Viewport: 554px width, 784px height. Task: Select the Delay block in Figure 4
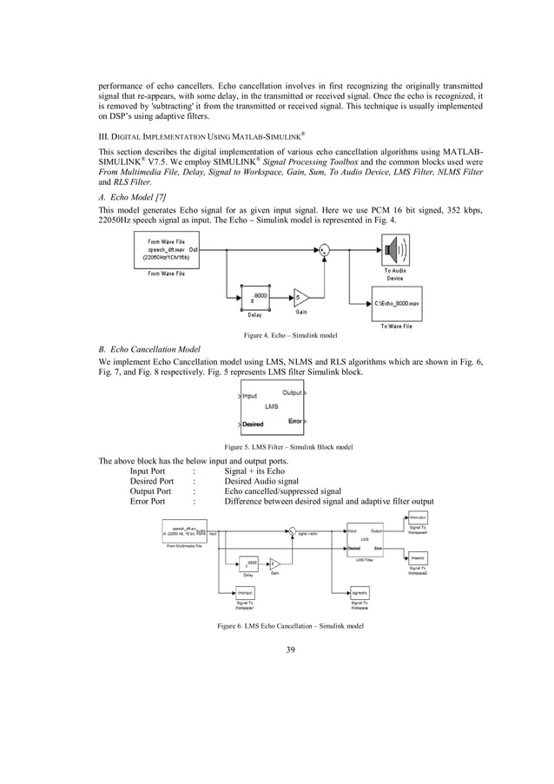pos(254,298)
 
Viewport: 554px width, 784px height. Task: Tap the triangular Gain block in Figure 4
pos(300,298)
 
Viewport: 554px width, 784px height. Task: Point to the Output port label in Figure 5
pos(292,392)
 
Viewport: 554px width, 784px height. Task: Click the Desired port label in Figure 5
pos(253,424)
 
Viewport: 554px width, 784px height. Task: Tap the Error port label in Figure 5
pos(294,421)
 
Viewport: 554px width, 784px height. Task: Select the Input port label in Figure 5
pos(248,395)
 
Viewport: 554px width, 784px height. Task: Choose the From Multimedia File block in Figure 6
pos(188,531)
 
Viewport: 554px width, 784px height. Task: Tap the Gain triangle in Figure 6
pos(274,563)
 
